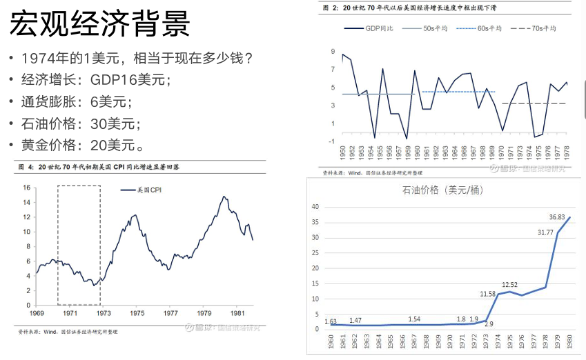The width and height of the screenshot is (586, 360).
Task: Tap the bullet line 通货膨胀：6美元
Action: [x=75, y=102]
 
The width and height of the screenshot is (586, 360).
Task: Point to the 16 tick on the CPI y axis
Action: [x=26, y=188]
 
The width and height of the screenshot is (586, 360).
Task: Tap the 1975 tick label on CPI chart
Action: [x=137, y=313]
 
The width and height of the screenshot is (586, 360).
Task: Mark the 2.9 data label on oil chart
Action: [x=489, y=323]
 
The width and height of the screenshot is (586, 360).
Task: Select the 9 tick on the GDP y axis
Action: [x=333, y=53]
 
